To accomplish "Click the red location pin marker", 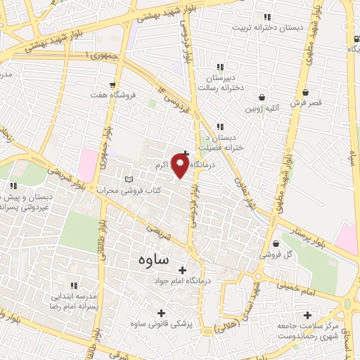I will pyautogui.click(x=181, y=166).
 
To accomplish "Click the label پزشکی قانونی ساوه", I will pyautogui.click(x=161, y=323).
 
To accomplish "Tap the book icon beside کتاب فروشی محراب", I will pyautogui.click(x=127, y=179).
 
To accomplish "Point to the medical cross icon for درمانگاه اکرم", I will pyautogui.click(x=186, y=153).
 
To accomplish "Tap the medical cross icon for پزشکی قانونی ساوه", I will pyautogui.click(x=161, y=313).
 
